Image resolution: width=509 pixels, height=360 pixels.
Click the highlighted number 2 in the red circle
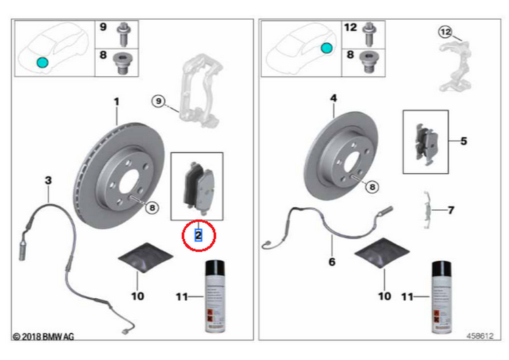(198, 235)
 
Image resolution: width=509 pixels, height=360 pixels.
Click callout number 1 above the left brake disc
(116, 102)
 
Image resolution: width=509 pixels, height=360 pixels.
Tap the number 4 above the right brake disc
(333, 99)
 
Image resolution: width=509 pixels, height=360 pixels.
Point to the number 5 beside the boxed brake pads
(464, 141)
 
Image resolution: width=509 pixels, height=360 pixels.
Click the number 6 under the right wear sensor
(332, 261)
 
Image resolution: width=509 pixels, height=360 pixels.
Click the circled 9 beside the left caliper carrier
(157, 102)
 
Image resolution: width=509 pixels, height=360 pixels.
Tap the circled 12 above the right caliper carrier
(444, 32)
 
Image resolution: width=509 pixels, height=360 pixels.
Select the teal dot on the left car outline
(42, 62)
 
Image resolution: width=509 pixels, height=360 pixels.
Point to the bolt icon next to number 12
(370, 29)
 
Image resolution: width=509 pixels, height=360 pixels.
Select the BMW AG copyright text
(43, 336)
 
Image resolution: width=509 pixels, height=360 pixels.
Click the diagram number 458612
(480, 336)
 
